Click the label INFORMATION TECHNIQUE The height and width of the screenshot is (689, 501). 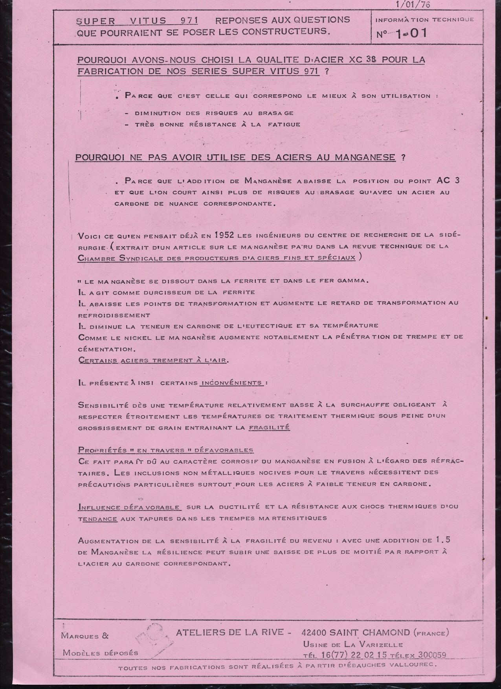tap(425, 19)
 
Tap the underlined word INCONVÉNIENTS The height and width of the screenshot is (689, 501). tap(231, 382)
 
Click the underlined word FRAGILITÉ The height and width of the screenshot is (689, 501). tap(269, 427)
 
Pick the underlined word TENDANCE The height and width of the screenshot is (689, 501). tap(98, 518)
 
